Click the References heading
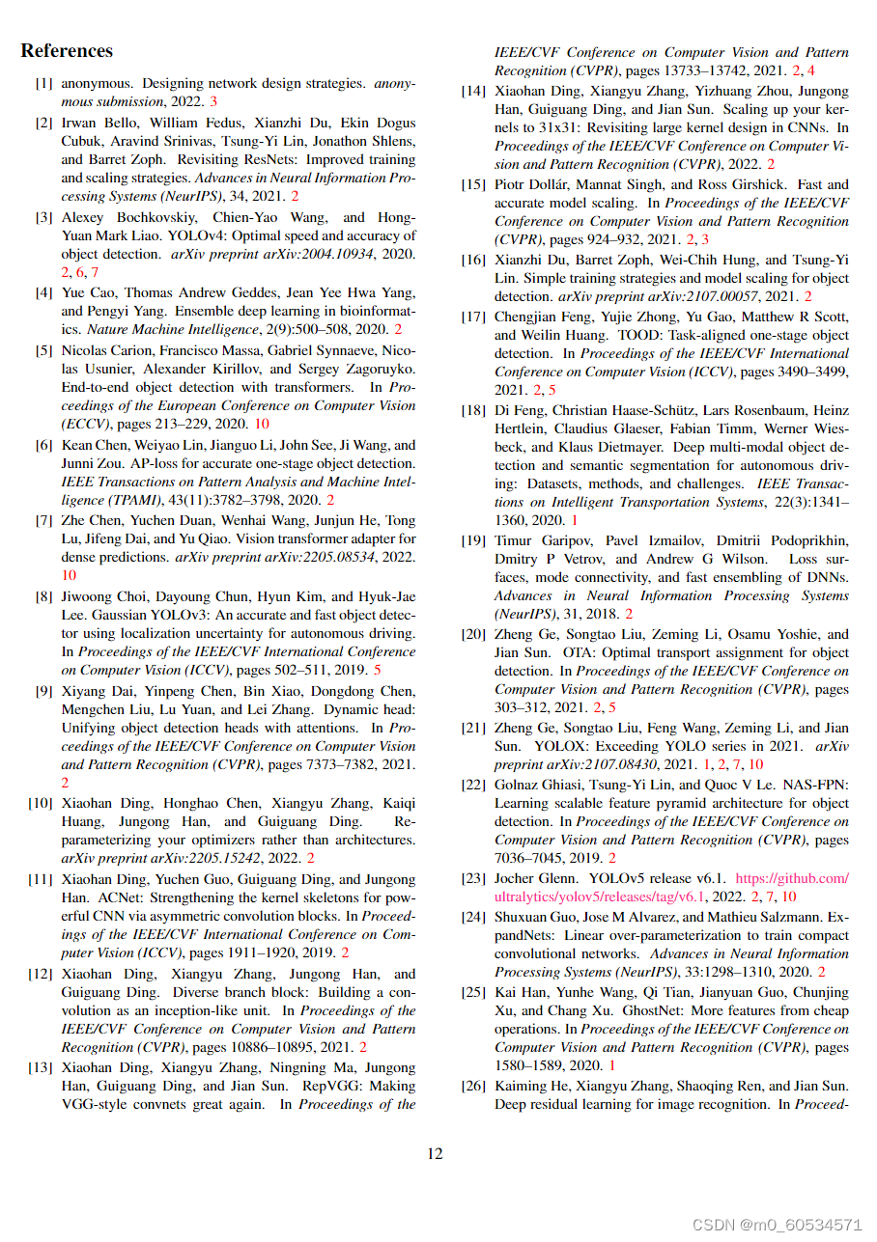tap(67, 51)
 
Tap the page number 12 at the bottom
tap(436, 1153)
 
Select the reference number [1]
tap(44, 84)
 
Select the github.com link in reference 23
tap(792, 878)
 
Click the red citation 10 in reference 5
tap(262, 424)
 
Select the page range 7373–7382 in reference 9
tap(340, 764)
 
